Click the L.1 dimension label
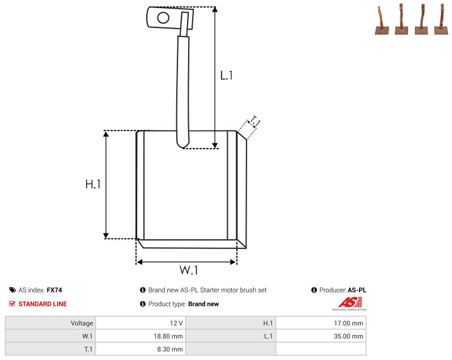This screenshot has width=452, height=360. (226, 75)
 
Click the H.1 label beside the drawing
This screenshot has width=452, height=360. (93, 184)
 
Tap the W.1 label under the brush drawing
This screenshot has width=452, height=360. (189, 270)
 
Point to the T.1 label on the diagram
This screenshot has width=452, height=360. (255, 121)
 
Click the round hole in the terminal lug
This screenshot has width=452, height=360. (163, 18)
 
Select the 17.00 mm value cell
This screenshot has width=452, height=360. (321, 323)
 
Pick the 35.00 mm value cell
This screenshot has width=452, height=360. (321, 336)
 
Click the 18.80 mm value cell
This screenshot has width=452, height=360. (140, 336)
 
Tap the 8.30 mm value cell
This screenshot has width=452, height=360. (140, 349)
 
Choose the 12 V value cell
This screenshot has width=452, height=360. (140, 323)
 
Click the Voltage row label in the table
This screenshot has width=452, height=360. (82, 323)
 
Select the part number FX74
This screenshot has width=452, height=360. (54, 290)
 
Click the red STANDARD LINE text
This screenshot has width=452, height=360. (43, 304)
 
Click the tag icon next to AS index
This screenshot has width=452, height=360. (13, 290)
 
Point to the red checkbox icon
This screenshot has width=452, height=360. (12, 304)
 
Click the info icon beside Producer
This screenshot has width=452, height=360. (314, 290)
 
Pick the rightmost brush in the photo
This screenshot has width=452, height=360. (441, 19)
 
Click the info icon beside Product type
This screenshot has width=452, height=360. (143, 304)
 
